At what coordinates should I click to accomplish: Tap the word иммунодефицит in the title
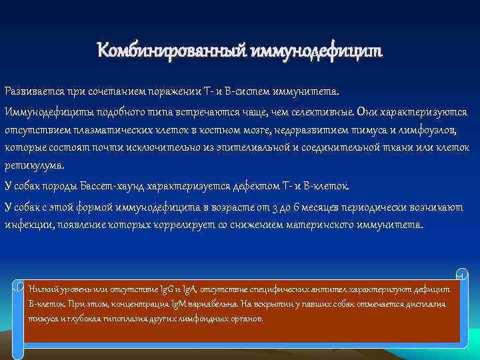coord(317,50)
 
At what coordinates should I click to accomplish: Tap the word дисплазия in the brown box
coord(427,303)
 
